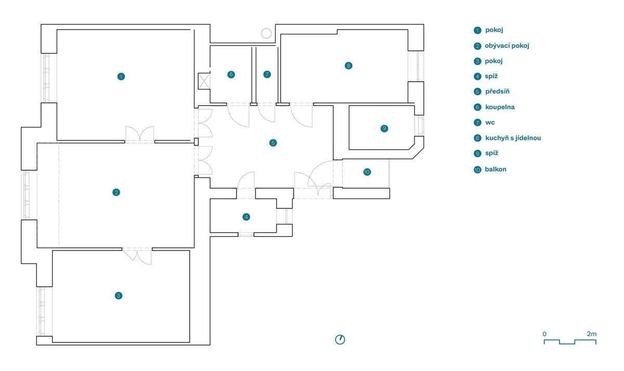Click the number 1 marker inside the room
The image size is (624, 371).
coord(121,76)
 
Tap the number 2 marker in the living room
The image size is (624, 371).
coord(116,192)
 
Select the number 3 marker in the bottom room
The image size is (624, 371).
coord(119,296)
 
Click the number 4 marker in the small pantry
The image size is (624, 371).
coord(246,217)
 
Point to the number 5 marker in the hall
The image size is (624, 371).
coord(273,142)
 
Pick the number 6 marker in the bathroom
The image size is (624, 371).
coord(231,74)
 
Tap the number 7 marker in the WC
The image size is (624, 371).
coord(267,74)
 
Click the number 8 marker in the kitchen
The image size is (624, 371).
coord(348,65)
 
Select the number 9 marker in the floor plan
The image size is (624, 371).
coord(384,128)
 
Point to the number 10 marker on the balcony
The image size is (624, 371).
coord(367,172)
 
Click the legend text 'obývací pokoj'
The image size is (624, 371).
coord(506,46)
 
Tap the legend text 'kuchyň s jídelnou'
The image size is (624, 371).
coord(513,138)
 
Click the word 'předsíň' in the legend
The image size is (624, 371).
coord(498,91)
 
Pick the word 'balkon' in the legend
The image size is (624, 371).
coord(496,169)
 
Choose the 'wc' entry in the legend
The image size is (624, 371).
coord(490,123)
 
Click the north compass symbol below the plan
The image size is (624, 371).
coord(340,339)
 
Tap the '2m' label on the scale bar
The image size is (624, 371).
coord(591,334)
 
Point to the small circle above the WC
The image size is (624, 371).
coord(266,34)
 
